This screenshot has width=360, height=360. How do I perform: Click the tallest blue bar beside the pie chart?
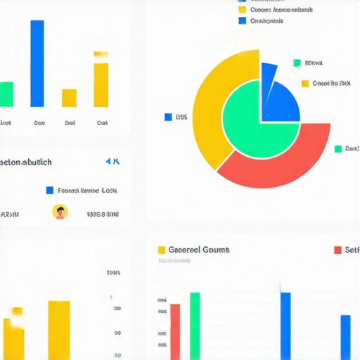click(37, 63)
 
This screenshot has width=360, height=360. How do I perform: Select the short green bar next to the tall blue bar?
click(6, 94)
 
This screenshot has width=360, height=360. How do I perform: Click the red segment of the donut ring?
click(281, 162)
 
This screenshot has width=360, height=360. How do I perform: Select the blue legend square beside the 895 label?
click(168, 117)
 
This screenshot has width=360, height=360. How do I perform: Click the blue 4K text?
click(112, 161)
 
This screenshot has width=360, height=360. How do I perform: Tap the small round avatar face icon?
click(60, 212)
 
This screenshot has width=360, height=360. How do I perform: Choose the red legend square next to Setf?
click(338, 250)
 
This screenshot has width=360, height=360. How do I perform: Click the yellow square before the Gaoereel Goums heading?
click(162, 250)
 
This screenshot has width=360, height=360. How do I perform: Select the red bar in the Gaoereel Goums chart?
click(175, 331)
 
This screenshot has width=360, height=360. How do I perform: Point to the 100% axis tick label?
click(112, 273)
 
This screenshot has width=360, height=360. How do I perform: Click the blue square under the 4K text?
click(49, 190)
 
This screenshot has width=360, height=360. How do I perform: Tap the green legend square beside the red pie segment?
click(338, 148)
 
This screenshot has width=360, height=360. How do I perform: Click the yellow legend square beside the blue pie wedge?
click(305, 84)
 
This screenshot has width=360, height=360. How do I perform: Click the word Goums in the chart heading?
click(215, 250)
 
